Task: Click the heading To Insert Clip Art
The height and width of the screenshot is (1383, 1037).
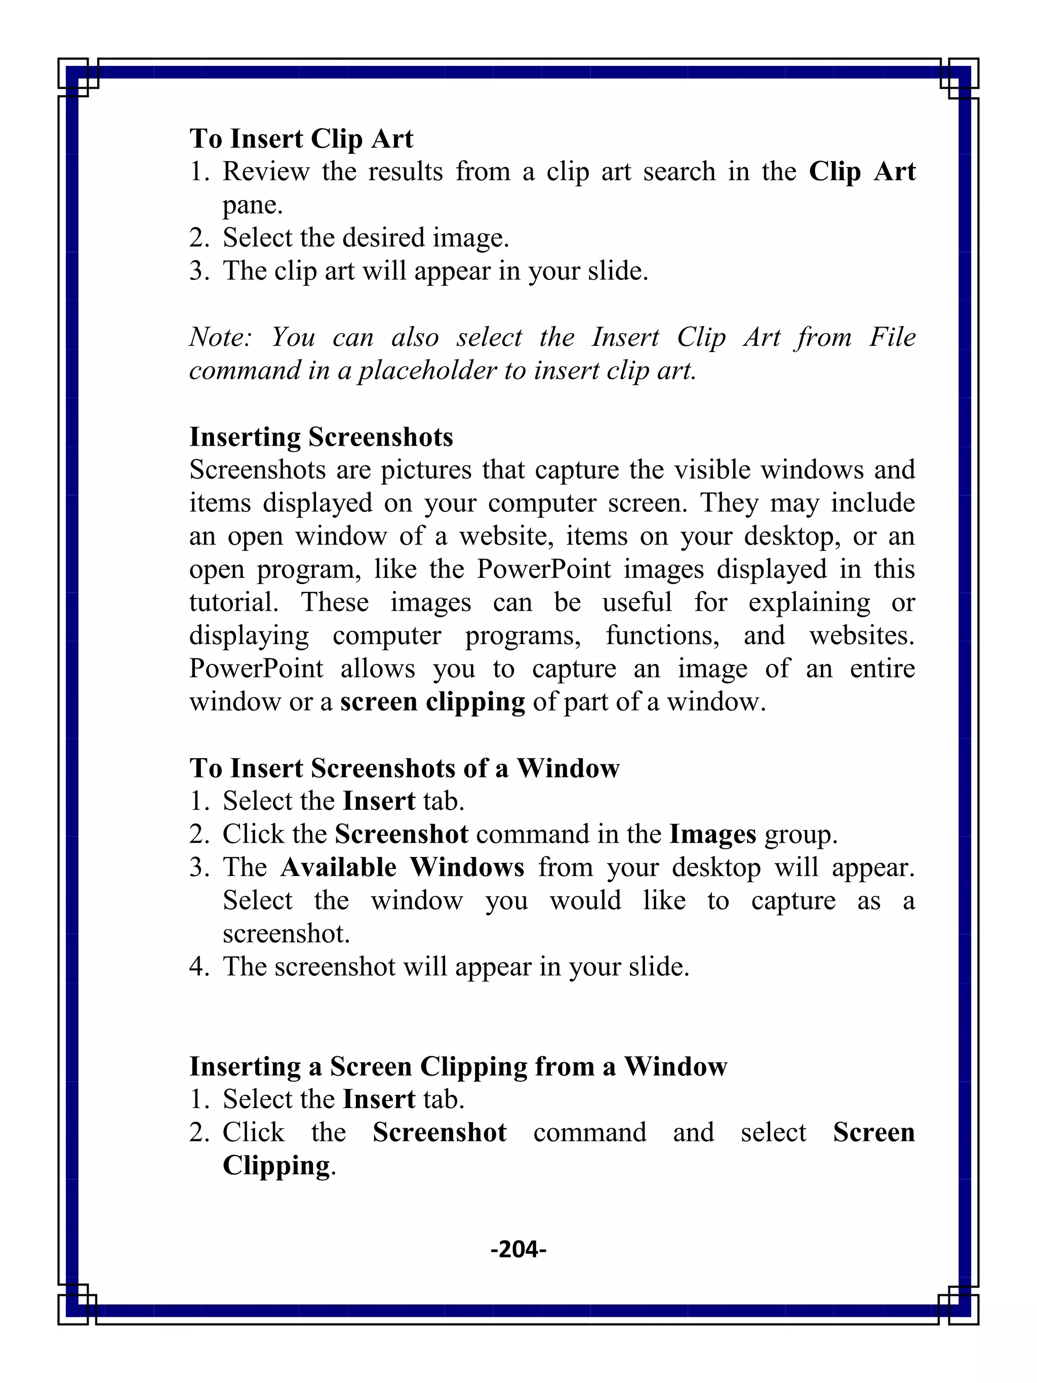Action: click(301, 139)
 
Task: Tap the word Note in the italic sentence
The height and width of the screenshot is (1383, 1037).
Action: click(219, 338)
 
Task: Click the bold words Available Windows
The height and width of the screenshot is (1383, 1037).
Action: click(402, 868)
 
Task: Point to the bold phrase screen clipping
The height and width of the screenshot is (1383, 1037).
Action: click(432, 702)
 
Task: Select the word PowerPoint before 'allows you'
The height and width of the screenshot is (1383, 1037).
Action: click(256, 669)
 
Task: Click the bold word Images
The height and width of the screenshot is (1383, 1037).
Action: click(712, 835)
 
